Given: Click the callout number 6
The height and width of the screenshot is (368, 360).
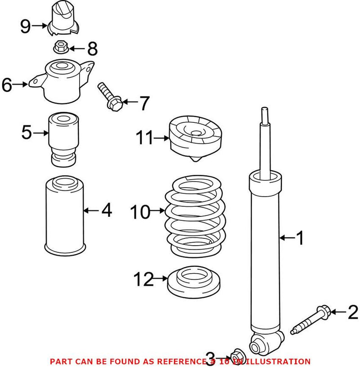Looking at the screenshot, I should [7, 84].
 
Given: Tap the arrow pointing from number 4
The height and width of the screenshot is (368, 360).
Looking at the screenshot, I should [90, 210].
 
